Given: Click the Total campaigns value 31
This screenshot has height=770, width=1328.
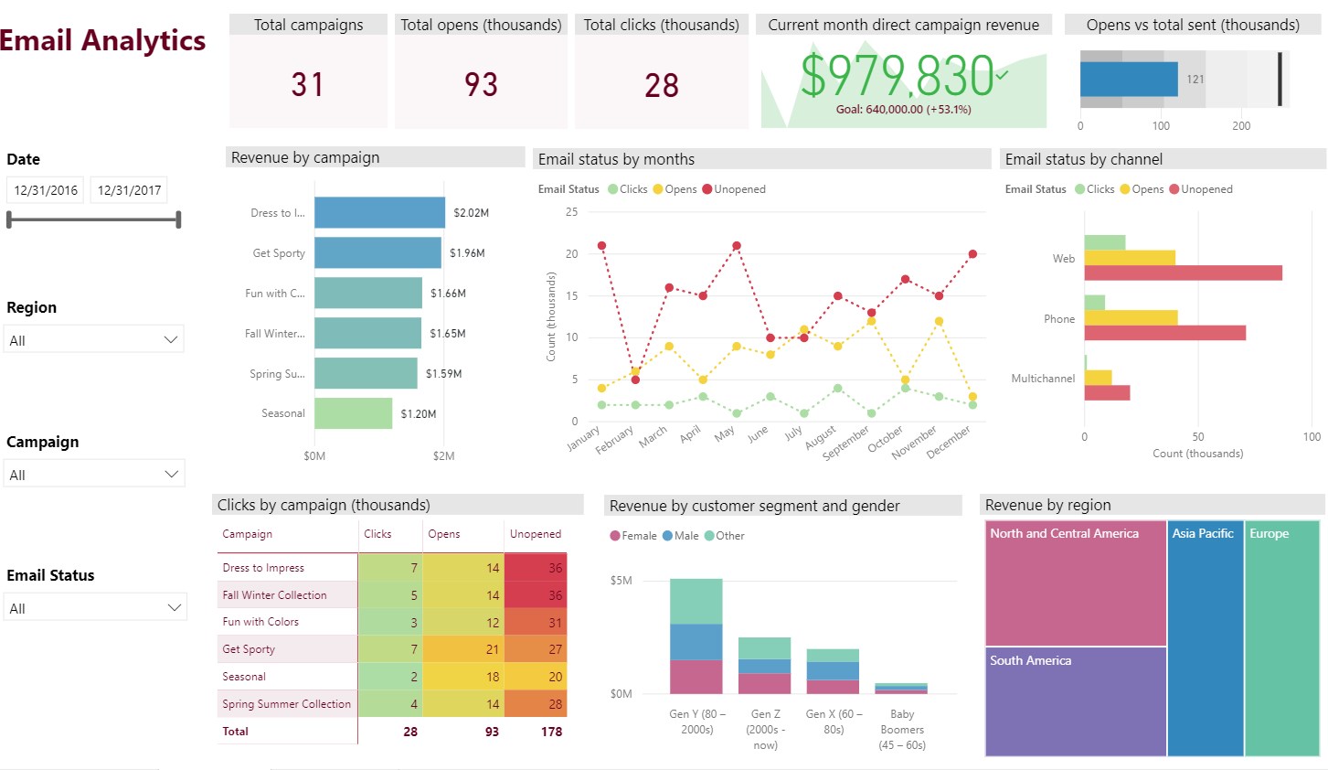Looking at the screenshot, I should pos(307,85).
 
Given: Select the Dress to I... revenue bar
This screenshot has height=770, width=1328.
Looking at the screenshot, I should pos(379,213).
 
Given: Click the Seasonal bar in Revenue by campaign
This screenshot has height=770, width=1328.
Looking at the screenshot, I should pos(353,413).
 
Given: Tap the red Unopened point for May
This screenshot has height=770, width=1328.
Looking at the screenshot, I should pos(736,246).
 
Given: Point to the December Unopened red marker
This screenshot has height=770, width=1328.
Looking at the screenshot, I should pos(972,254).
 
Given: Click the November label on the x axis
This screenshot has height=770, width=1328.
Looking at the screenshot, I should pos(915,441).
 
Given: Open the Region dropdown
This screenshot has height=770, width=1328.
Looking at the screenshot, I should pos(93,340).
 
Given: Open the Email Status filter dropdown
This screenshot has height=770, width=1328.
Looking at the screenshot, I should pos(94,608).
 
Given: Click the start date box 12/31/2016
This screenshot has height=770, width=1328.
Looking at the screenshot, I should pos(46,190).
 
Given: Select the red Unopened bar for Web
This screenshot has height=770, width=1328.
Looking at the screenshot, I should pos(1183,273).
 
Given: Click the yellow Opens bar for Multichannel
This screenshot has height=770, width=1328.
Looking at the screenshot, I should pos(1098,378).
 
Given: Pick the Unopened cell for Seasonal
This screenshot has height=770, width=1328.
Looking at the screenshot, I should pos(536,677).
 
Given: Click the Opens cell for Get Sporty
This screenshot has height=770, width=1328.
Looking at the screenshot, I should pos(463,649).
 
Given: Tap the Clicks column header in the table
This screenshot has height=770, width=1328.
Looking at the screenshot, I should pos(377,534).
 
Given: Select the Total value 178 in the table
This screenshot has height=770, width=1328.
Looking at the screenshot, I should pos(551,732).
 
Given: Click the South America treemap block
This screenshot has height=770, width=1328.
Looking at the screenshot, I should pos(1076,700).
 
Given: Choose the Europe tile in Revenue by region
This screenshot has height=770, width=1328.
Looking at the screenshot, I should pos(1281,638).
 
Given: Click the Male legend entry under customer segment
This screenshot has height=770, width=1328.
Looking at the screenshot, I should pos(681,536).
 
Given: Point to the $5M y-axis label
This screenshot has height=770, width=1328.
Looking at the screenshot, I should pos(621,581).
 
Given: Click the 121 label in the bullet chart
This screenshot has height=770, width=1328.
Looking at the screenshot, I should pos(1195,80).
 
